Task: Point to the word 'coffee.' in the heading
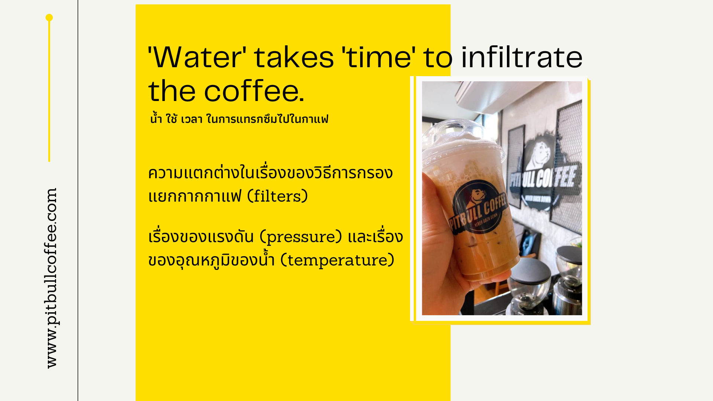(254, 91)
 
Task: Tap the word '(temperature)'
(337, 260)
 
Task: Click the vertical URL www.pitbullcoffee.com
(51, 278)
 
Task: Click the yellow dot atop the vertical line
(49, 17)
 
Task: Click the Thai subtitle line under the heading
(239, 119)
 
